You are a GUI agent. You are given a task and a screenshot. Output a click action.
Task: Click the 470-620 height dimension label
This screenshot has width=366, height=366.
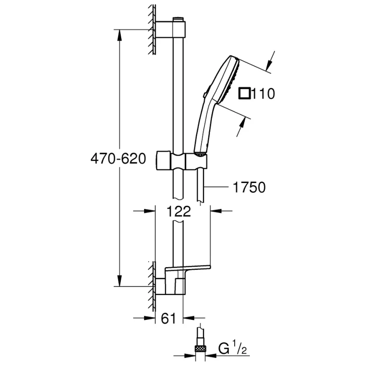click(x=118, y=159)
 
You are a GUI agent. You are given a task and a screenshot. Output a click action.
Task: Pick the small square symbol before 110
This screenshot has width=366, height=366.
click(x=245, y=94)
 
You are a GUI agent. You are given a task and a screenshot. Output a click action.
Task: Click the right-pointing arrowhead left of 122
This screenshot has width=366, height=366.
click(x=151, y=211)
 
